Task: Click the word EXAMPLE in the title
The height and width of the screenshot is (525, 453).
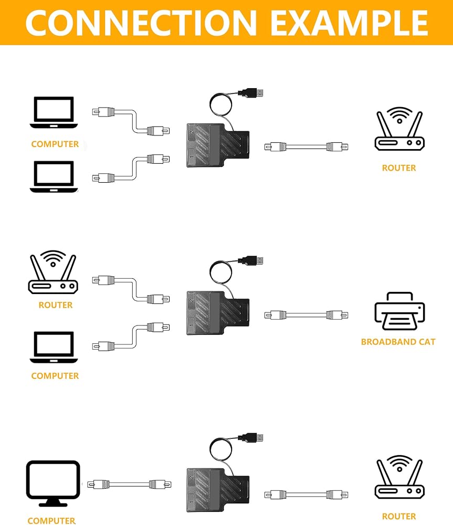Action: [x=349, y=22]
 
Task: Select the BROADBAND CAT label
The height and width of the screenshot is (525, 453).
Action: [x=398, y=342]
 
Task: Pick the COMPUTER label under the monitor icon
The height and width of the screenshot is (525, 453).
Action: [x=51, y=521]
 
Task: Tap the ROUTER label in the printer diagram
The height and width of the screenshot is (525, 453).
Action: [x=55, y=305]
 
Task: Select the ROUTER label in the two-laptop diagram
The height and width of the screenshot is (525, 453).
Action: [x=399, y=168]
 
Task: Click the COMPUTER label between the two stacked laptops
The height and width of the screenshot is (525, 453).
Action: [x=55, y=144]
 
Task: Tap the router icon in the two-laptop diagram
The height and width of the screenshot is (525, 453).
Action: [x=399, y=129]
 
